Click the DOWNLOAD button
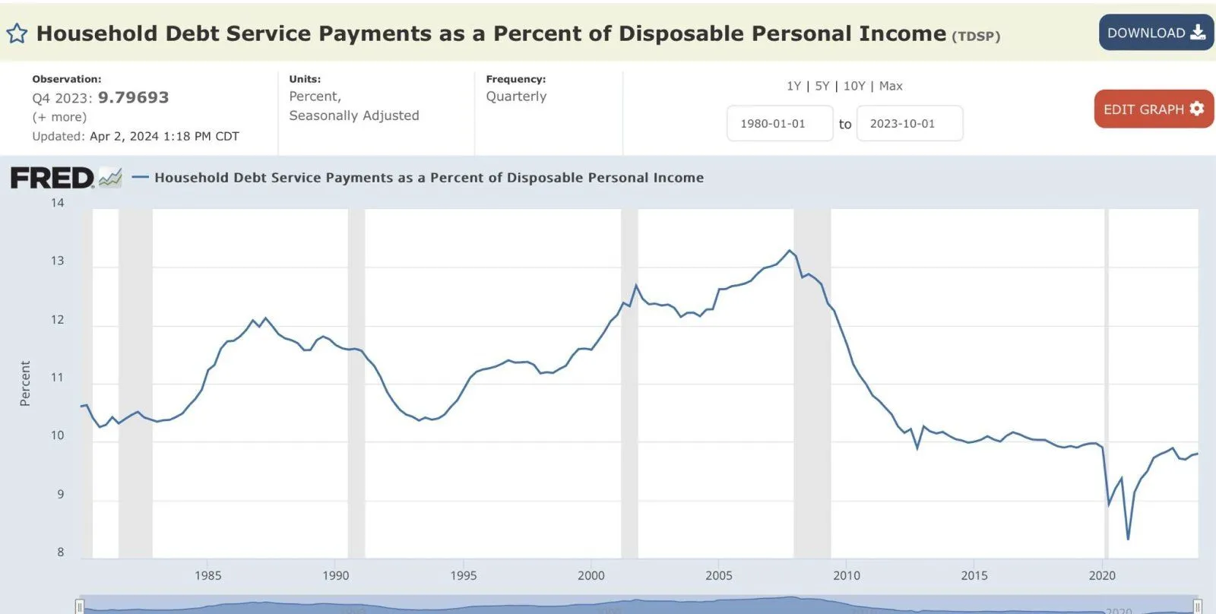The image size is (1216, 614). click(1155, 33)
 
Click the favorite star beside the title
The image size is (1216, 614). click(17, 34)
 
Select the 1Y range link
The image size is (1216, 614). click(793, 86)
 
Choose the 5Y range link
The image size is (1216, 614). click(822, 86)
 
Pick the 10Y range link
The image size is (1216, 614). click(854, 86)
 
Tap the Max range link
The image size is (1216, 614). click(891, 86)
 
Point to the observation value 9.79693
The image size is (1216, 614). click(134, 97)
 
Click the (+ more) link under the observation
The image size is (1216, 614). click(59, 117)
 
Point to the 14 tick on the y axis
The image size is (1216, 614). click(58, 203)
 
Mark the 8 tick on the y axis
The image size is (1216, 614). click(61, 552)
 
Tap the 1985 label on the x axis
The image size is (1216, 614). click(207, 575)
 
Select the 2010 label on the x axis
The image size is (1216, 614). click(847, 575)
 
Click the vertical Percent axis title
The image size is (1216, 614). click(25, 384)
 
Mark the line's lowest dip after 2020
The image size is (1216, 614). click(1128, 539)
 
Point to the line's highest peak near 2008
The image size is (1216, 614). click(790, 251)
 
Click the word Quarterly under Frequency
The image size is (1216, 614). click(516, 97)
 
